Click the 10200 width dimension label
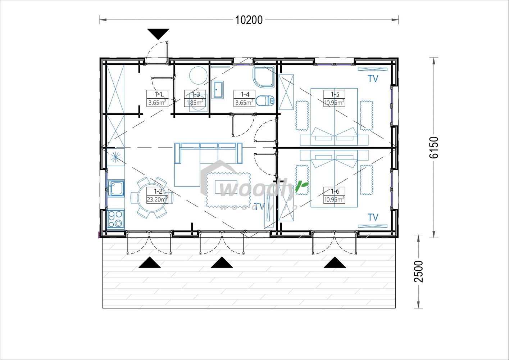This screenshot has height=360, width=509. (249, 20)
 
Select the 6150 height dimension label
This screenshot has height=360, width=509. (434, 147)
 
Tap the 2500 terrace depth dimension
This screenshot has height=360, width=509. (419, 271)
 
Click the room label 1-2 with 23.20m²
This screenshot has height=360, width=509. (157, 195)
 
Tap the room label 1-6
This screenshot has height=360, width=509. (334, 195)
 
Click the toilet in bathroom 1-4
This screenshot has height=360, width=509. (265, 100)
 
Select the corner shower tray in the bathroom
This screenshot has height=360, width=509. (264, 77)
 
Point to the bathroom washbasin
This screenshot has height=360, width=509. (218, 89)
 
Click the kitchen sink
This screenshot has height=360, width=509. (116, 188)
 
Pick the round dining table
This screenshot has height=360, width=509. (152, 198)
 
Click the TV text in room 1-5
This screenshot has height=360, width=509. (373, 78)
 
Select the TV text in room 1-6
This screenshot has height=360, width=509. (373, 217)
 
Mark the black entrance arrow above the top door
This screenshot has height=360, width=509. (158, 34)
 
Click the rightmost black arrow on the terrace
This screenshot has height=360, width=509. (335, 262)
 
